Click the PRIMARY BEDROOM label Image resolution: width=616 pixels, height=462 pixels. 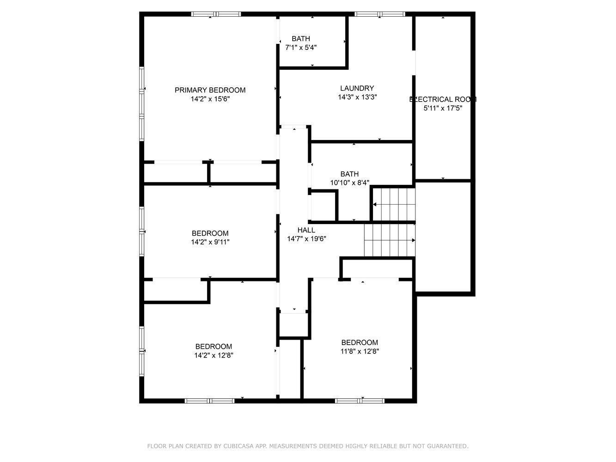[x=210, y=90]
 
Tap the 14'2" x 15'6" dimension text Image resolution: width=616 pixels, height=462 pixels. [x=210, y=99]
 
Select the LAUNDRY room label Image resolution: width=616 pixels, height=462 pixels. [x=357, y=88]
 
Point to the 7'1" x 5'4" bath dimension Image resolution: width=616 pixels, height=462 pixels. [x=301, y=47]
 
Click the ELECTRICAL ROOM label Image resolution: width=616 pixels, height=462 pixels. [x=443, y=99]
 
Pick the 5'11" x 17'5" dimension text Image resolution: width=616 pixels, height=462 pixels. [x=443, y=108]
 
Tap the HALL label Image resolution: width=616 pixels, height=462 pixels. [x=306, y=230]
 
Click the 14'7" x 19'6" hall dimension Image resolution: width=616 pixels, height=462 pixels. [x=306, y=239]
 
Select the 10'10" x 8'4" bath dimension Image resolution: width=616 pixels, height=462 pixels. [x=349, y=182]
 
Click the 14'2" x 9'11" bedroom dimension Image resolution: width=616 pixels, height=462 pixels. [x=210, y=242]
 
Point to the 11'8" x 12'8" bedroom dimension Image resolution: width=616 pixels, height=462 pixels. [x=360, y=351]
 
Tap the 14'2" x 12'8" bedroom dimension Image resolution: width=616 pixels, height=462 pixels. [x=213, y=355]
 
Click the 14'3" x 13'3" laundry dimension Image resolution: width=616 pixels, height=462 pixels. [x=357, y=97]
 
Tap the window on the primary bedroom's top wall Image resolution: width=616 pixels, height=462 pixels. [x=216, y=14]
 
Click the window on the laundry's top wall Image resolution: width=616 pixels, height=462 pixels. [x=380, y=14]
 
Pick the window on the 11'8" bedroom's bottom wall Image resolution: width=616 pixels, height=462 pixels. [x=360, y=401]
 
